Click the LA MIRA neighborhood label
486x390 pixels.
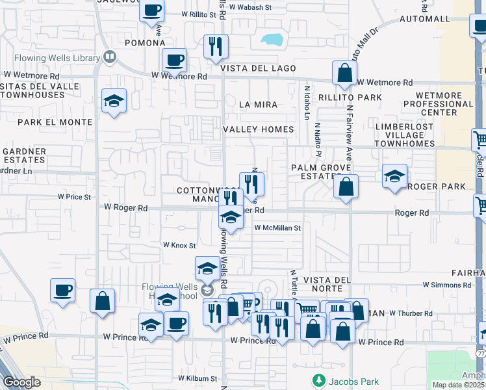tap(258, 105)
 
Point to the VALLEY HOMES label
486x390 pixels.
tap(259, 129)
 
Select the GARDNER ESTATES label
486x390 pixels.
tap(25, 155)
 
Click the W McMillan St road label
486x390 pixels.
tap(277, 228)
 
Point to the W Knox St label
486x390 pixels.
tap(179, 245)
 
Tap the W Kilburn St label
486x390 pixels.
tap(198, 378)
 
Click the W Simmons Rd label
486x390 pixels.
tap(446, 285)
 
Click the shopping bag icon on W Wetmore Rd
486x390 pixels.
tap(344, 74)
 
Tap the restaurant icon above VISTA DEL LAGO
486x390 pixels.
tap(214, 47)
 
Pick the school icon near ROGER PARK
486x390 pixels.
tap(394, 176)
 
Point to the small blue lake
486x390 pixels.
tap(272, 39)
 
